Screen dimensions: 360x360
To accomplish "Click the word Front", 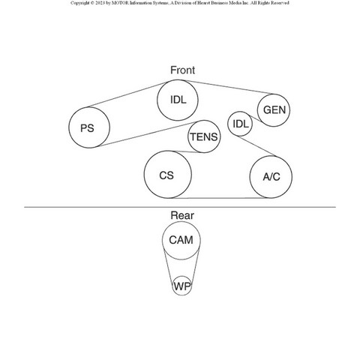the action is point(182,70).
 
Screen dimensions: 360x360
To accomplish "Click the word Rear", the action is point(182,215).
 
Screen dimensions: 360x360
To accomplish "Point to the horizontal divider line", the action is point(180,207).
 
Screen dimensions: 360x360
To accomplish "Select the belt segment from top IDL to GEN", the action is point(229,87).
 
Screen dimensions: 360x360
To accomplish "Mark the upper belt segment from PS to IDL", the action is point(128,94).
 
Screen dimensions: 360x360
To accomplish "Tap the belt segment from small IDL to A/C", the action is point(258,146).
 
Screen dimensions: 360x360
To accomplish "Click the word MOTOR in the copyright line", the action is point(120,3).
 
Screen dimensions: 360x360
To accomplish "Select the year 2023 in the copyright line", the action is point(100,3).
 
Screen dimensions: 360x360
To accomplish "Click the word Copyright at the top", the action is point(79,3).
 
